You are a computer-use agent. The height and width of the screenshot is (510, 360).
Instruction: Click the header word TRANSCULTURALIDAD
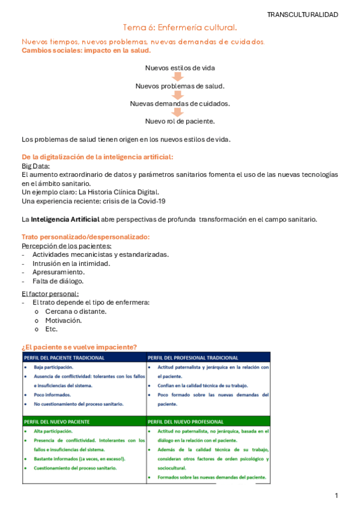tap(302, 14)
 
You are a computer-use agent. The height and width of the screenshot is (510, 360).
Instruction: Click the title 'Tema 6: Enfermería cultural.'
tap(180, 28)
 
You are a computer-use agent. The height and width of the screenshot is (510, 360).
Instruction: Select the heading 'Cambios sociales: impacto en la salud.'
tap(86, 51)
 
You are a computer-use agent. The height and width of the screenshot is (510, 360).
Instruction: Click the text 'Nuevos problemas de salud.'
tap(180, 85)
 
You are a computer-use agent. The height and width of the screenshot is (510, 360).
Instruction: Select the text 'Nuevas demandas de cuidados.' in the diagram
tap(180, 103)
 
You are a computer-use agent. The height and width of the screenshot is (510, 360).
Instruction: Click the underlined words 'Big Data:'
tap(35, 165)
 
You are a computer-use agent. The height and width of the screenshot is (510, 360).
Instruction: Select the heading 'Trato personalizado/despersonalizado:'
tap(86, 236)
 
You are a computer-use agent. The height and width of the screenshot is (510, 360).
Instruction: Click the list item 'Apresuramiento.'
tap(58, 272)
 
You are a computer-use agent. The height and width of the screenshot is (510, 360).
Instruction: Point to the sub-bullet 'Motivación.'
tap(63, 320)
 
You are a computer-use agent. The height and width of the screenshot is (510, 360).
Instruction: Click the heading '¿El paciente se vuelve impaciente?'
tap(79, 346)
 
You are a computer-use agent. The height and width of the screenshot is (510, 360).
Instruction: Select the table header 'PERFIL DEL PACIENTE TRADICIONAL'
tap(65, 357)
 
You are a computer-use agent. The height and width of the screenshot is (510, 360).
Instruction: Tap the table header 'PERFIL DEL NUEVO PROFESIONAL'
tap(186, 422)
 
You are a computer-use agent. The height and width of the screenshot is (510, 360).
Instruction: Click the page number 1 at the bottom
tap(337, 495)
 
